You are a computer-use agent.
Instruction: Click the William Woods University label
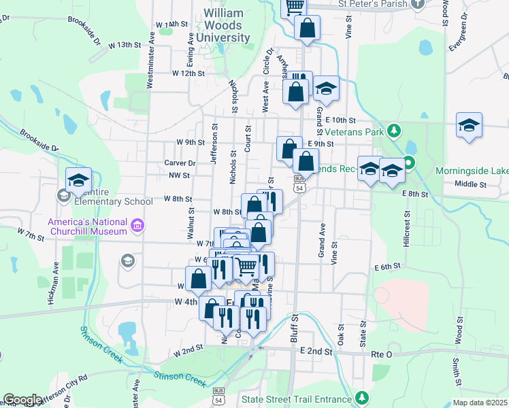(x=227, y=25)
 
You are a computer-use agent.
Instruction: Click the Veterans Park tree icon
(x=393, y=131)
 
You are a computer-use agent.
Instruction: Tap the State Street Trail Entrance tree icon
(x=363, y=397)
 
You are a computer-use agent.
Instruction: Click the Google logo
(x=22, y=401)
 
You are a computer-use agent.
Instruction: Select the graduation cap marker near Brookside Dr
(x=79, y=180)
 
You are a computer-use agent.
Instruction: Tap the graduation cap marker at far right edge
(x=469, y=126)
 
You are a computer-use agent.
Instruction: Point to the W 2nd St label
(x=188, y=350)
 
